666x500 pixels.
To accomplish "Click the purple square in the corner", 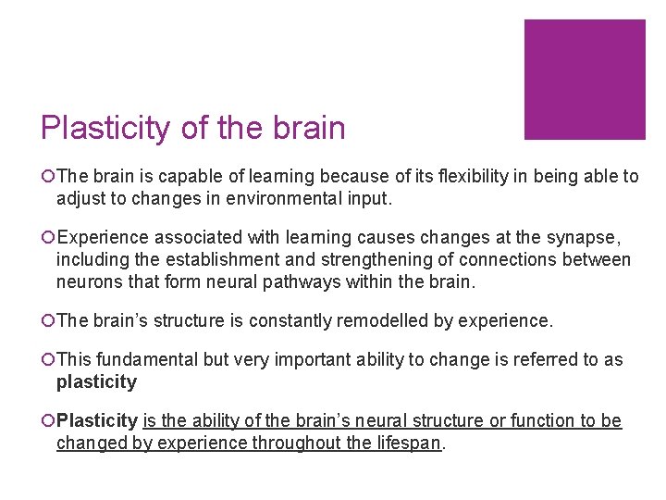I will click(585, 80).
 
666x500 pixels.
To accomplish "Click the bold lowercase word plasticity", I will click(96, 381).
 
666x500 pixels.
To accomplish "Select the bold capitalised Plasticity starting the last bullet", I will click(97, 421).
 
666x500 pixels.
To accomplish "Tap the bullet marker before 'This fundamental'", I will click(47, 360).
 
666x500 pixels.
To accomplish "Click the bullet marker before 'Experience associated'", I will click(47, 239).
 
